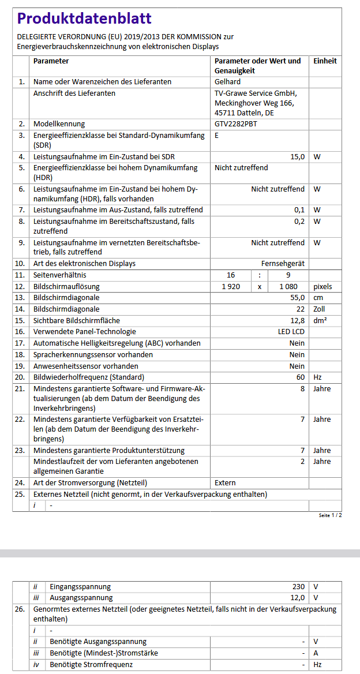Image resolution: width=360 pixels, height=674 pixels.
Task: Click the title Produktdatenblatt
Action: pyautogui.click(x=84, y=18)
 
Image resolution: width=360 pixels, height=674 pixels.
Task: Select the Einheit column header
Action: pyautogui.click(x=325, y=61)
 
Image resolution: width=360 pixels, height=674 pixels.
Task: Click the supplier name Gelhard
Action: pyautogui.click(x=227, y=82)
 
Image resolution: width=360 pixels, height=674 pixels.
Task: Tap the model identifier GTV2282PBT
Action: pyautogui.click(x=237, y=123)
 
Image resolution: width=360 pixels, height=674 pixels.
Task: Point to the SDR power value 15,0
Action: pyautogui.click(x=297, y=157)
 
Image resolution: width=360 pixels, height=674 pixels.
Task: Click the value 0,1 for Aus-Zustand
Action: pyautogui.click(x=299, y=209)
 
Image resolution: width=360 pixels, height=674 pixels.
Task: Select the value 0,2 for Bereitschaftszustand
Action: pyautogui.click(x=299, y=221)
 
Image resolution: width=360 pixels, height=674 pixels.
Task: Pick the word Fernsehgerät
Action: pyautogui.click(x=283, y=263)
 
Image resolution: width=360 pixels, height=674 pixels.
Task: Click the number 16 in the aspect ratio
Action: pyautogui.click(x=231, y=275)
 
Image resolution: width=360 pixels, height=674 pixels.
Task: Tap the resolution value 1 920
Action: pyautogui.click(x=231, y=286)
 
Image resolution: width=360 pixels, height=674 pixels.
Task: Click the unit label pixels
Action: pyautogui.click(x=322, y=286)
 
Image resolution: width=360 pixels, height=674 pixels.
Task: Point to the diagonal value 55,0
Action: pyautogui.click(x=297, y=297)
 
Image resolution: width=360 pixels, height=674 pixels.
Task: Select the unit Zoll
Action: pyautogui.click(x=319, y=309)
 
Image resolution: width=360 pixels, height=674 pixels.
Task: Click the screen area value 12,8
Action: pyautogui.click(x=297, y=320)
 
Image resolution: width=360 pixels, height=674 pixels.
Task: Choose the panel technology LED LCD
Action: pyautogui.click(x=291, y=331)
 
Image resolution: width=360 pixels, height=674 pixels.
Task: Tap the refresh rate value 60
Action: pyautogui.click(x=300, y=377)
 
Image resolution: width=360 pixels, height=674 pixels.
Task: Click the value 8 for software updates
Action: pyautogui.click(x=302, y=388)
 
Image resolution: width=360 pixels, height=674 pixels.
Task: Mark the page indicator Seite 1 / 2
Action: pyautogui.click(x=330, y=515)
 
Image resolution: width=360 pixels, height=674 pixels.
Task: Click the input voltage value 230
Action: pyautogui.click(x=298, y=586)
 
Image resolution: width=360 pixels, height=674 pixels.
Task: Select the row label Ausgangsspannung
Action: pyautogui.click(x=81, y=597)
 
